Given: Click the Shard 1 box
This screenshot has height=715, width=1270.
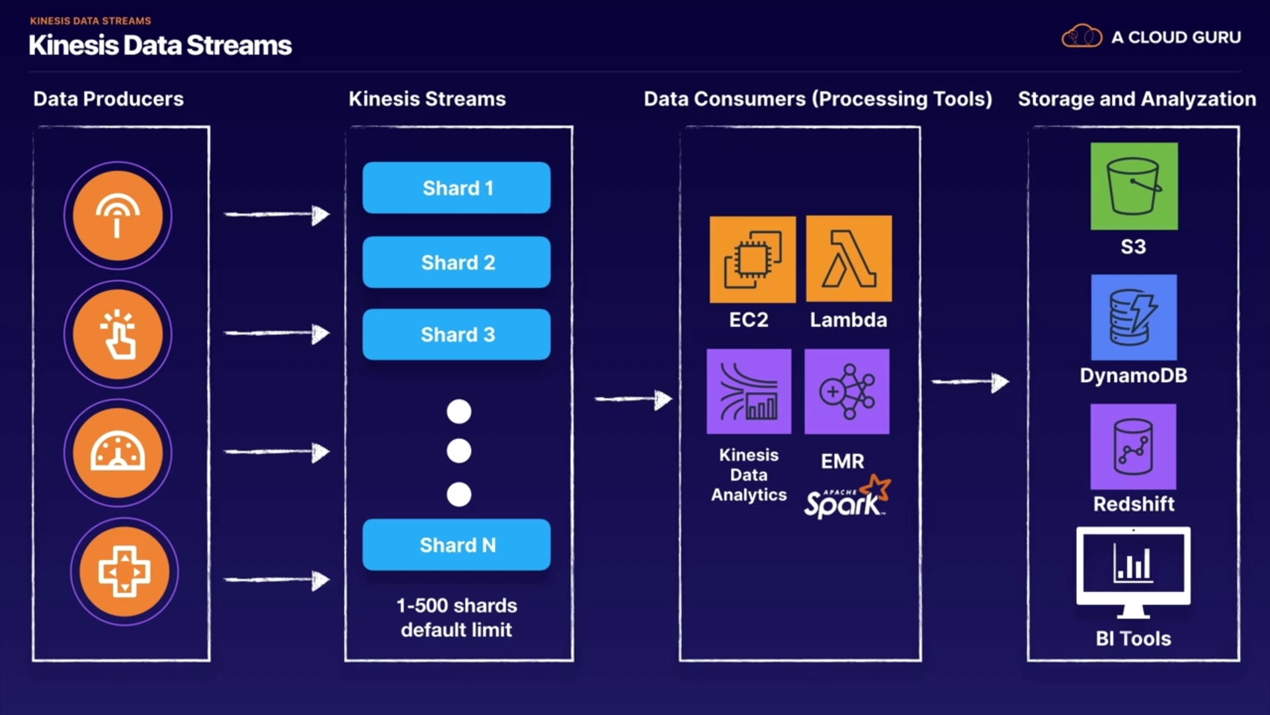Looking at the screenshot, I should coord(456,188).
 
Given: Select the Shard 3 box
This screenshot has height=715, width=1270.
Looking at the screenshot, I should coord(456,334).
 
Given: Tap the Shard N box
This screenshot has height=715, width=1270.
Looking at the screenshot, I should coord(456,545).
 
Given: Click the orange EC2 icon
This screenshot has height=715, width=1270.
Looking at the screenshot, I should coord(753,260).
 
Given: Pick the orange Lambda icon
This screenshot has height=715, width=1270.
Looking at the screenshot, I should coord(849,259).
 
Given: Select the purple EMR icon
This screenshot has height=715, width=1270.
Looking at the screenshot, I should coord(847,391).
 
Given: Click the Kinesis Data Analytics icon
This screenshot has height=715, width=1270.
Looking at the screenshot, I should coord(749,391).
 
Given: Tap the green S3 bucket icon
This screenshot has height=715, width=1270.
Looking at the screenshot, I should coord(1134,186).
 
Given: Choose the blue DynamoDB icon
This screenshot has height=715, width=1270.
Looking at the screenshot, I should coord(1134,317).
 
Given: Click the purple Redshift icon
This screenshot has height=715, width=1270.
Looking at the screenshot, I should coord(1133,447).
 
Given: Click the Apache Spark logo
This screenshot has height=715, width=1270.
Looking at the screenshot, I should coord(847,498).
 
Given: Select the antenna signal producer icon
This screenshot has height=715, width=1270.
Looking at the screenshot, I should coord(118,216).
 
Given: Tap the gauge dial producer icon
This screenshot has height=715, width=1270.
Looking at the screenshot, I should coord(118,453).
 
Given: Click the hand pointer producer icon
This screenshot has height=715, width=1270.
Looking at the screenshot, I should coord(118,334).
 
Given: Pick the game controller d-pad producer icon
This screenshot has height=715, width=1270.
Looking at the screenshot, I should coord(124,571).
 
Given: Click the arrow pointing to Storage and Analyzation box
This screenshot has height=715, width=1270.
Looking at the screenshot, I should coord(970,382).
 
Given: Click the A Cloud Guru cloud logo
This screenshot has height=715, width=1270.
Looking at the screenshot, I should coord(1081,36).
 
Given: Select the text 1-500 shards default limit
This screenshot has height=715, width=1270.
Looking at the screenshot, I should coord(456,618).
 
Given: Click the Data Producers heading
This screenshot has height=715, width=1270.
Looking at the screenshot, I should coord(108,99).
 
